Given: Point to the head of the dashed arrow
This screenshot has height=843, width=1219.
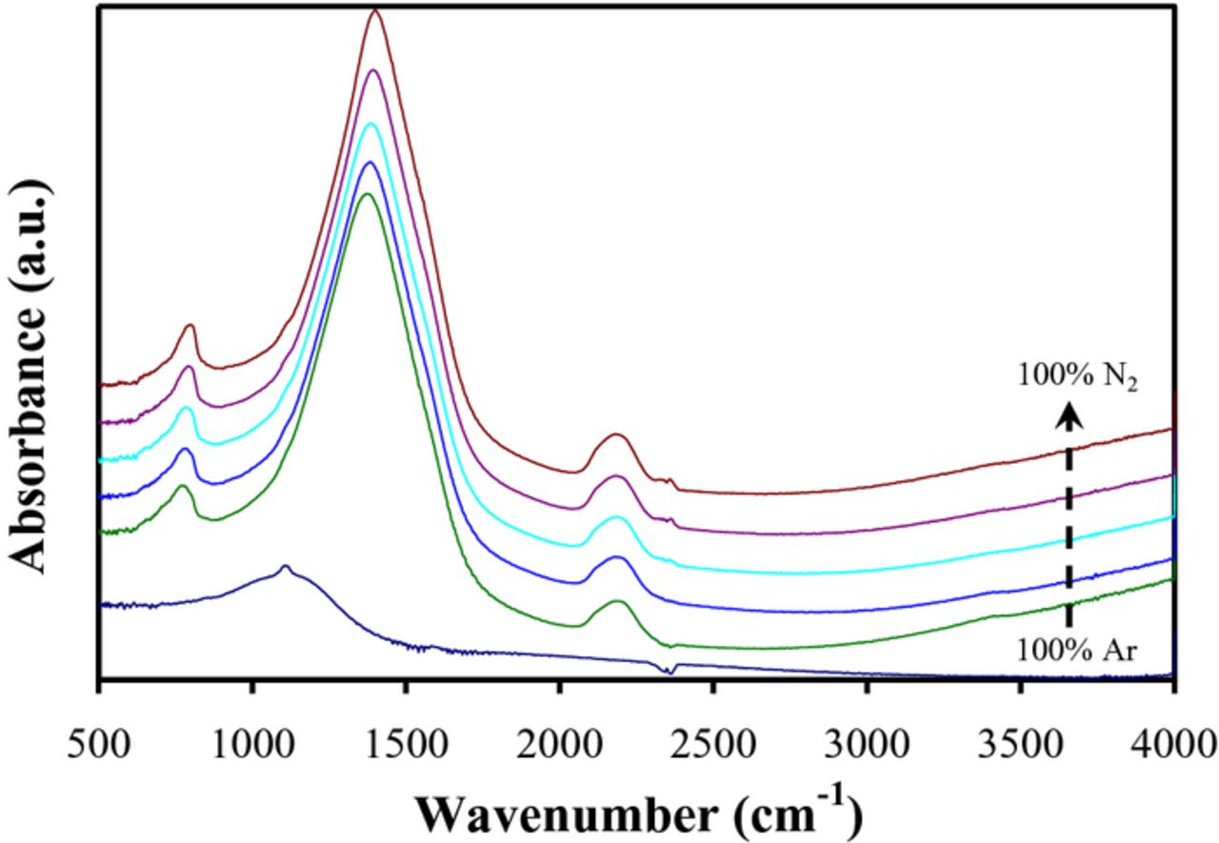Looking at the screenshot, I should click(1069, 411).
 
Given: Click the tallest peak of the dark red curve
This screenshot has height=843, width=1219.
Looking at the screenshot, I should click(376, 11).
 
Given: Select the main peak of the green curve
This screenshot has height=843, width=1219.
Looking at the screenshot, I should click(366, 194).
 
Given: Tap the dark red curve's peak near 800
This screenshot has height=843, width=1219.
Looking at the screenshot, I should click(190, 326).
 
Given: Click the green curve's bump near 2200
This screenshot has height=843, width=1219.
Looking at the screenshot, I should click(617, 601).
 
